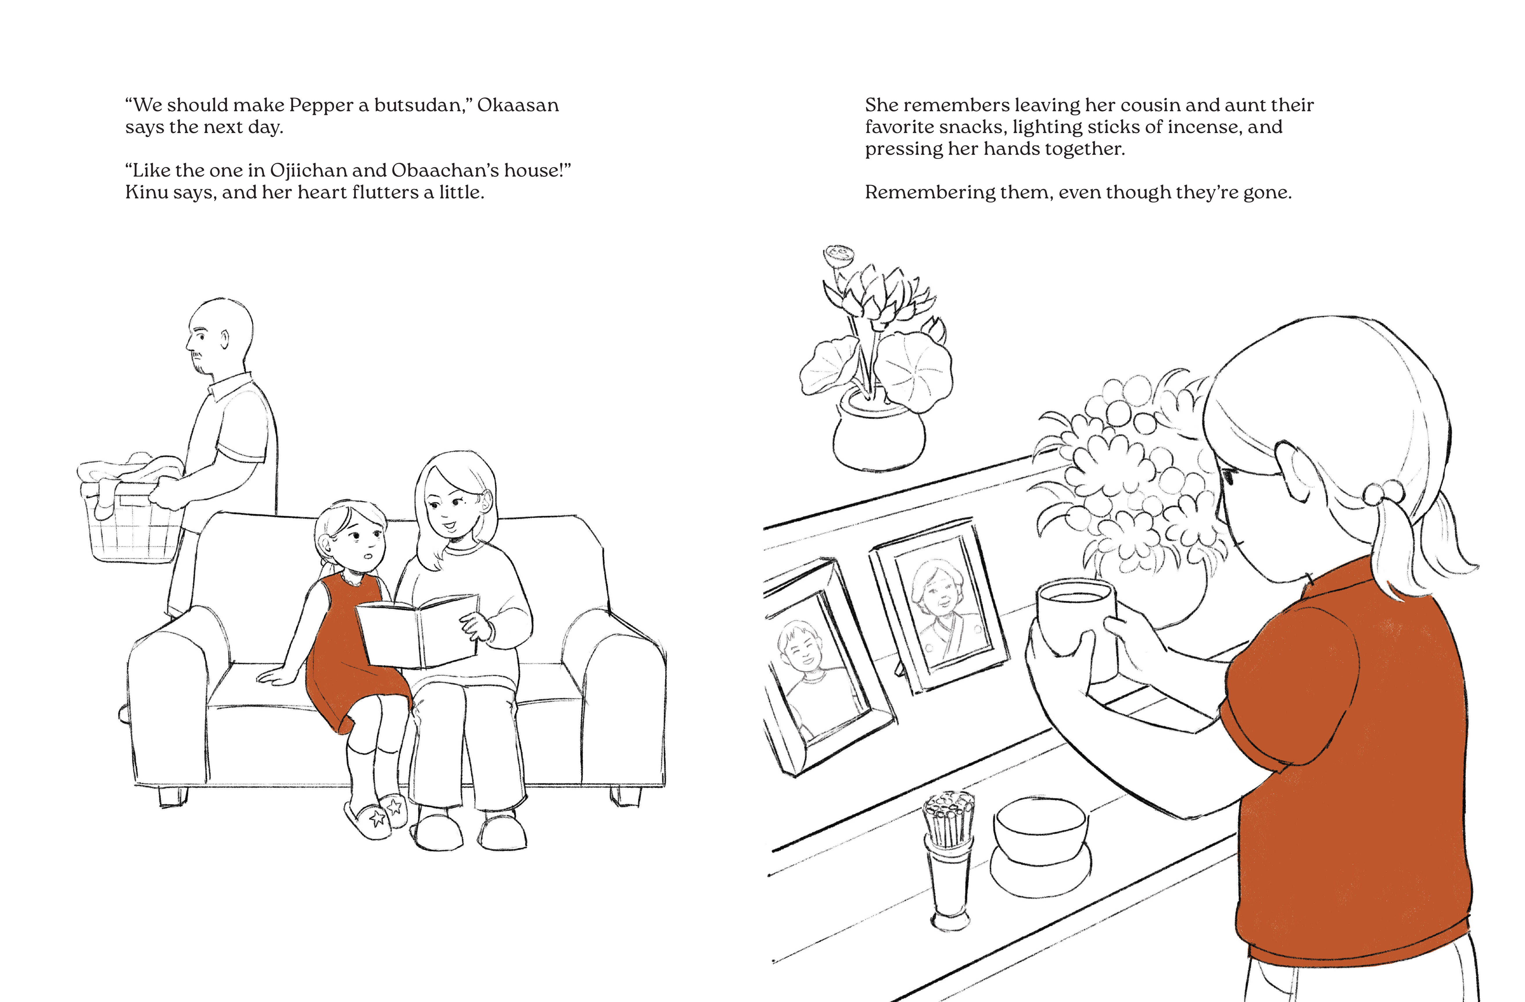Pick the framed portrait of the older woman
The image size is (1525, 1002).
coord(939,606)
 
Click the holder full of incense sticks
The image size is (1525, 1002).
coord(948,859)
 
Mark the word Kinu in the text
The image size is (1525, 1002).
coord(146,192)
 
